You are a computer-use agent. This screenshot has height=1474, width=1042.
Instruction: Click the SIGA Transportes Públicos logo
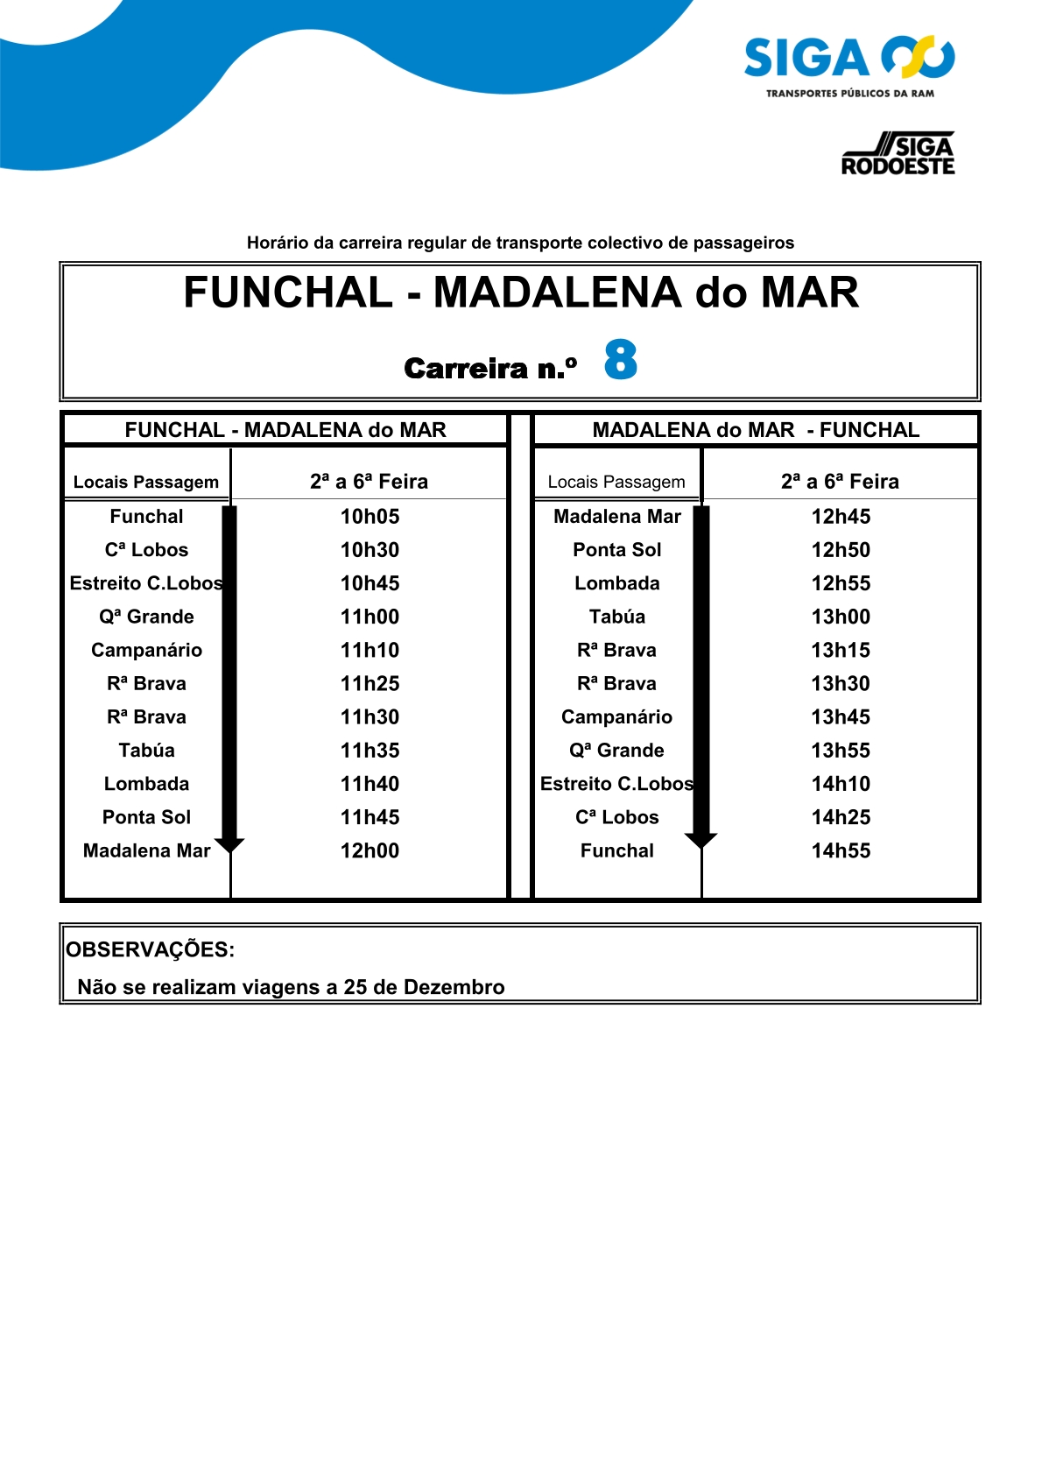[x=848, y=66]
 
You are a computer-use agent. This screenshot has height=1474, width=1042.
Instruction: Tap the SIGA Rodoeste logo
[x=898, y=154]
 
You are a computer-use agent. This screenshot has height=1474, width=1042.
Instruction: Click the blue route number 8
[x=620, y=360]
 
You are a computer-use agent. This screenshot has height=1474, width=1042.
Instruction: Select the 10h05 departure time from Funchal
[x=370, y=517]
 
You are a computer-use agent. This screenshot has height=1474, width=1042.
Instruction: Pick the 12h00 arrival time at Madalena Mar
[x=370, y=851]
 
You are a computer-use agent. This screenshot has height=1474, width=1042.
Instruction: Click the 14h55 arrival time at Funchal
[x=841, y=851]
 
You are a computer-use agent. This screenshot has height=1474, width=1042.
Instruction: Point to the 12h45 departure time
[x=841, y=517]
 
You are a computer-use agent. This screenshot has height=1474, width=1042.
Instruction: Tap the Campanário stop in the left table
[x=146, y=651]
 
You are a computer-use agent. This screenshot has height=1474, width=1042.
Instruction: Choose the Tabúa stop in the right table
[x=616, y=617]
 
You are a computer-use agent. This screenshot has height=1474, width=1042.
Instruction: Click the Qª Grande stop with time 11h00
[x=146, y=617]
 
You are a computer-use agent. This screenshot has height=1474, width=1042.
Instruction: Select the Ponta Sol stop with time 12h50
[x=616, y=550]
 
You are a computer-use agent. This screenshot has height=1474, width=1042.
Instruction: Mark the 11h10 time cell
[x=370, y=651]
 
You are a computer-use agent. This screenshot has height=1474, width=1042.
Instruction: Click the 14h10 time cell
[x=841, y=785]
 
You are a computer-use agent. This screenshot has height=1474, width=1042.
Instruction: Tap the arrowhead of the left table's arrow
[x=229, y=844]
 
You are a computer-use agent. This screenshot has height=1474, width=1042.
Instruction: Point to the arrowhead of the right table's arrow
[x=701, y=841]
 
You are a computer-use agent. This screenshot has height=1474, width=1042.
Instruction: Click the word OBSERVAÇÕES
[x=150, y=950]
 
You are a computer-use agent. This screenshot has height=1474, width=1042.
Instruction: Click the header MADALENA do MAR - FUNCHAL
[x=756, y=430]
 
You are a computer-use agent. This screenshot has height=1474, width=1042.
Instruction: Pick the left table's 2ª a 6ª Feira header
[x=369, y=482]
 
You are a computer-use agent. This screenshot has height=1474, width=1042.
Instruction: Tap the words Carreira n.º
[x=490, y=369]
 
